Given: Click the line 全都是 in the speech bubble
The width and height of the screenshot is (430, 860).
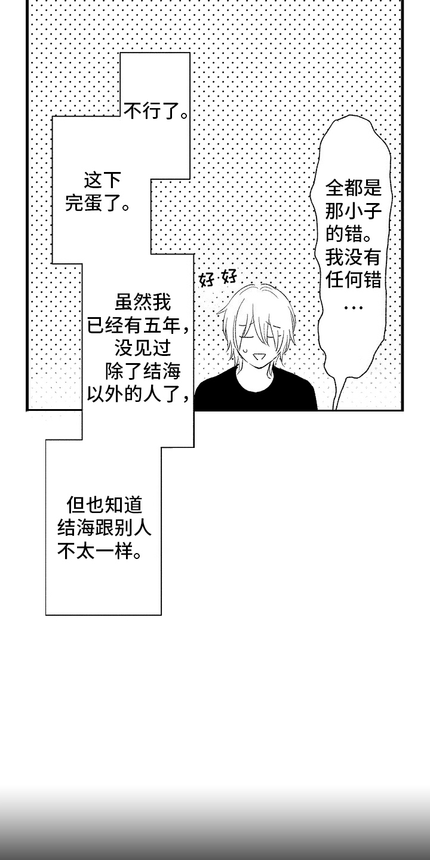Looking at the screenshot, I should (354, 188).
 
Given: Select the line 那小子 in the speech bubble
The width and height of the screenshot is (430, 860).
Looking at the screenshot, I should (354, 211).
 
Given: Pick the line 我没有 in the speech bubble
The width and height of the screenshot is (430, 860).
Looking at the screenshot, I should (354, 257).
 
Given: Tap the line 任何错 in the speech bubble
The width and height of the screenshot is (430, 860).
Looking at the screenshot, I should (354, 280).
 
